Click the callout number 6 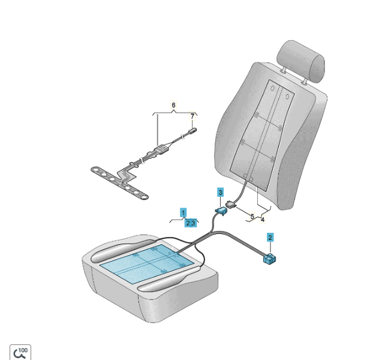pos(173,105)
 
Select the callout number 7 pos(192,116)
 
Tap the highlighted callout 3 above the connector pos(221,193)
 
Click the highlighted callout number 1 pos(184,213)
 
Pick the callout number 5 pos(252,216)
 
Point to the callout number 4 pos(263,220)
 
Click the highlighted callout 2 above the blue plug pos(270,238)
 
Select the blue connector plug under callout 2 pos(269,259)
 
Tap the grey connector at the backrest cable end pos(231,205)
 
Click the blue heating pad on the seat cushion pos(147,263)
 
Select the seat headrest pos(300,61)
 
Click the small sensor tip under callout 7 pos(193,131)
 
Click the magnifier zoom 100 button pos(20,353)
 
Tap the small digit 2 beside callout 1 pos(188,223)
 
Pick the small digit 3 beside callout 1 pos(193,223)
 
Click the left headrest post pos(284,70)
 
